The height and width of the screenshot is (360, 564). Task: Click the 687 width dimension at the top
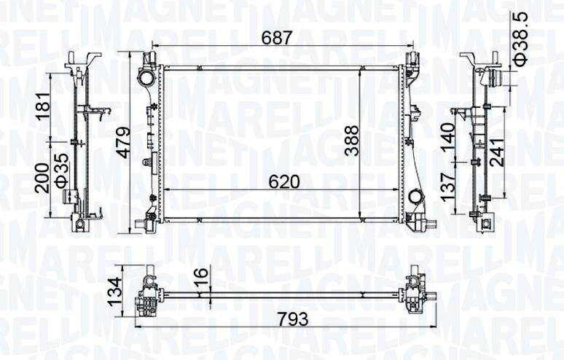coord(276,38)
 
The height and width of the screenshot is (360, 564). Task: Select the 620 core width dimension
coord(285,181)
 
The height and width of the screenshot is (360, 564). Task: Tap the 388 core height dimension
coord(352,140)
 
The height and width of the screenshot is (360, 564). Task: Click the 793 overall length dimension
coord(294,318)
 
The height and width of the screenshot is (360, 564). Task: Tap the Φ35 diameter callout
coord(61,170)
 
